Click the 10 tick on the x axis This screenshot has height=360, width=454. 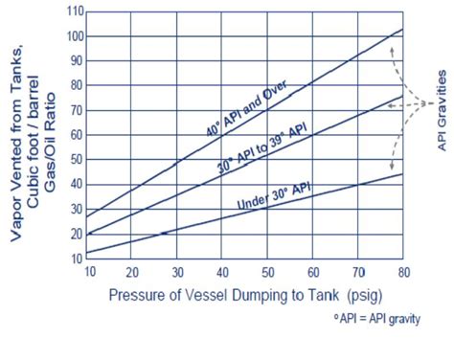coord(88,271)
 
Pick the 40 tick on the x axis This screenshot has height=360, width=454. coord(222,271)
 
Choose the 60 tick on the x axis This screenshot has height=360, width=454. coord(312,271)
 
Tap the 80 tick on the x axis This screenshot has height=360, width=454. coord(401,271)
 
